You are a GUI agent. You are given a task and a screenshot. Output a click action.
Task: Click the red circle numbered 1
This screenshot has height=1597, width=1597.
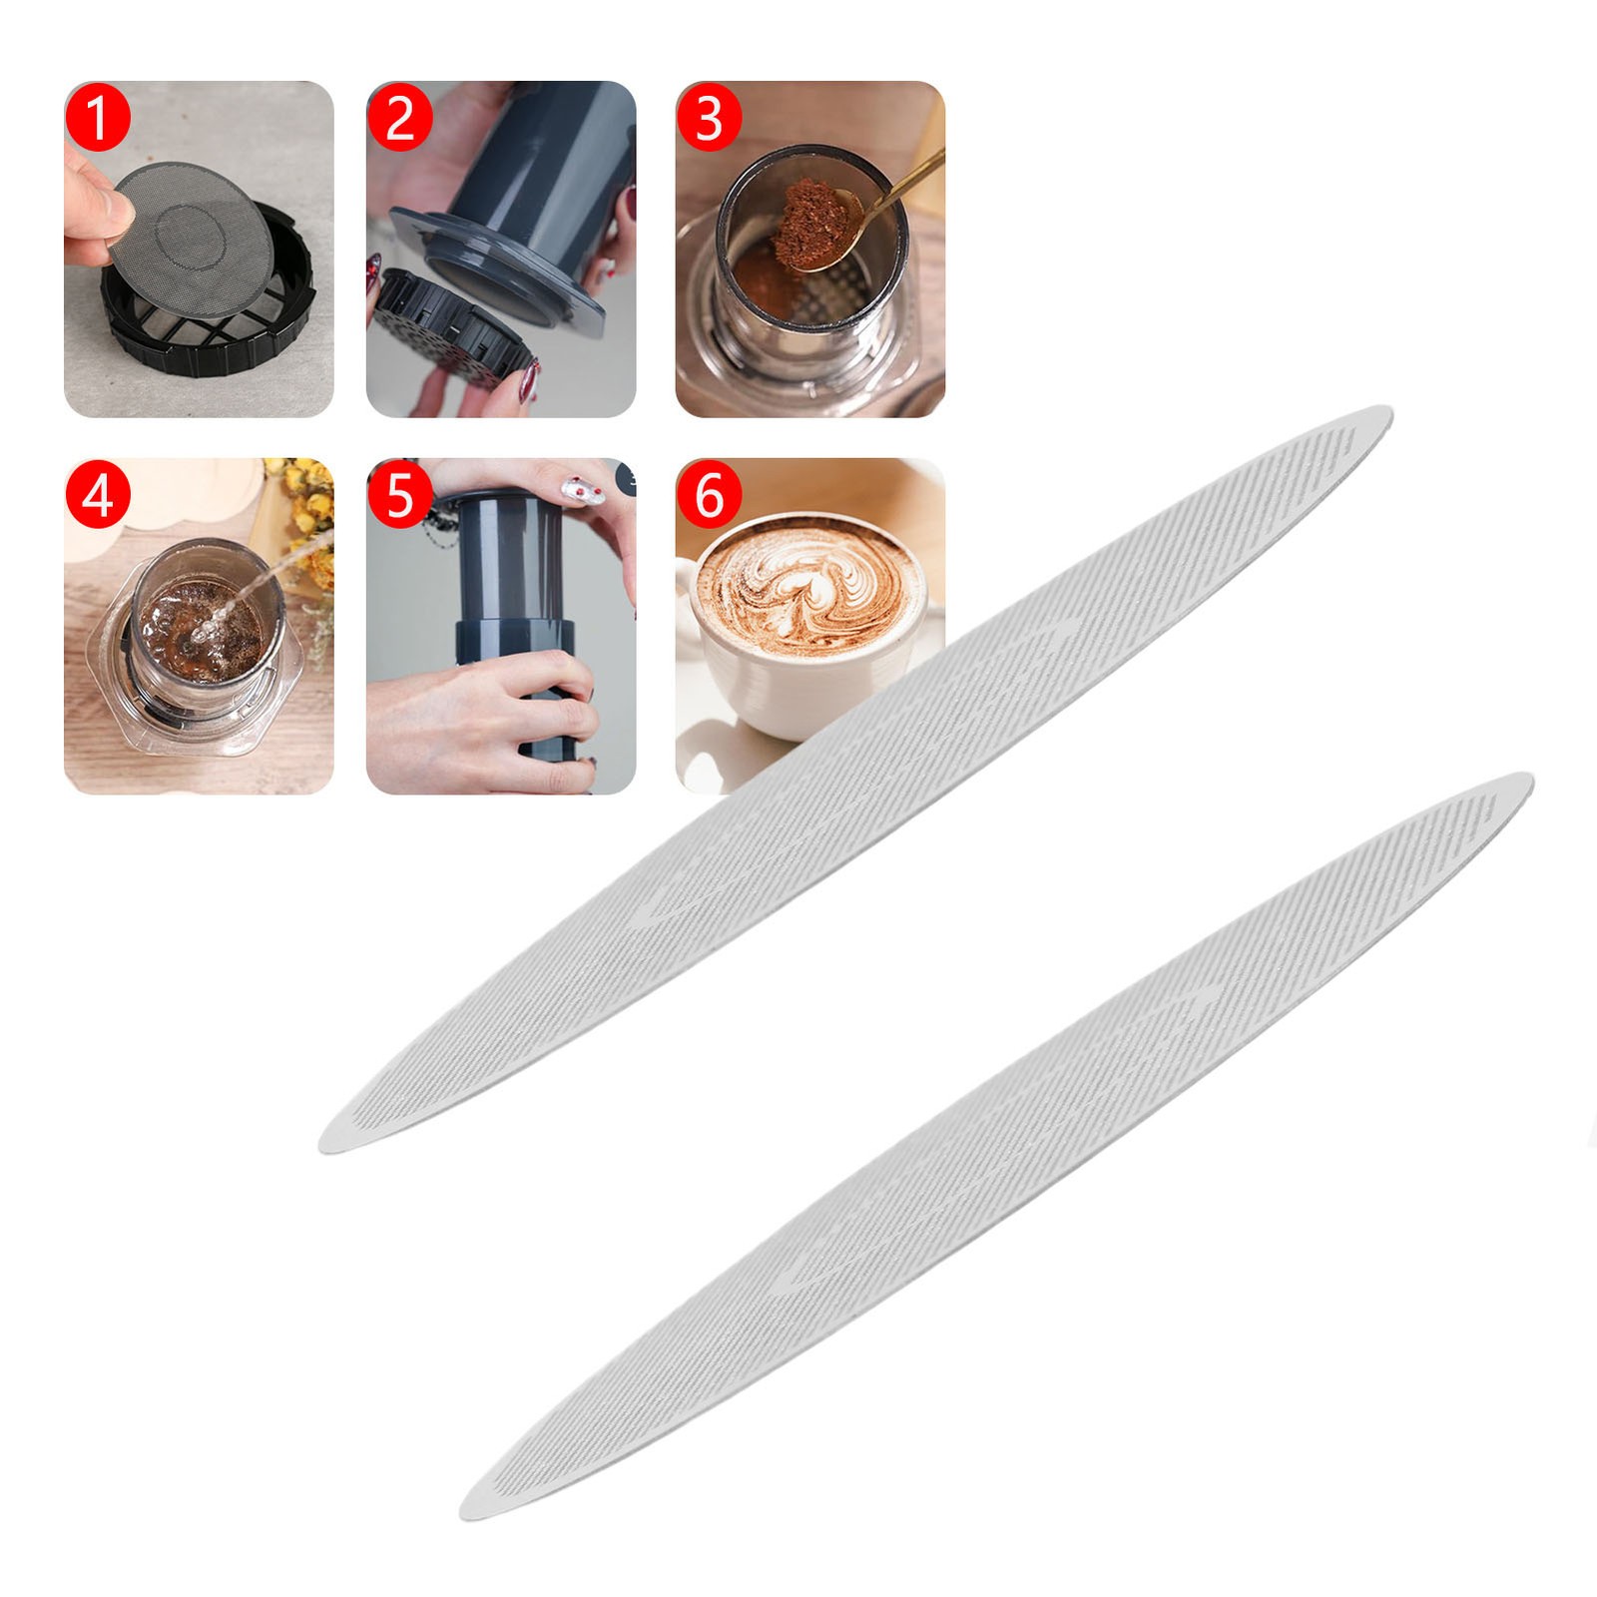(98, 118)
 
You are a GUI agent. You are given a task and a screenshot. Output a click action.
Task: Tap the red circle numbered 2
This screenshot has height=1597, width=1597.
(400, 118)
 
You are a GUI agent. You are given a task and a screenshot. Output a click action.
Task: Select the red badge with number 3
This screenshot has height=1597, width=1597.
(709, 118)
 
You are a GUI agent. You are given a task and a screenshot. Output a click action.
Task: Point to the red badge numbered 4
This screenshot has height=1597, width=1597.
(98, 495)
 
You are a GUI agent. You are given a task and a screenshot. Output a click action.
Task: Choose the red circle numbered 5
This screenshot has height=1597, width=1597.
(400, 495)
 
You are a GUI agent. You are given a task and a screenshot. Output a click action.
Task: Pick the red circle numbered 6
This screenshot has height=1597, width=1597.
(709, 495)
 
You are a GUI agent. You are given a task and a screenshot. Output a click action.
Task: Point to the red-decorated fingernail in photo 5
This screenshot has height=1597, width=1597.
(578, 488)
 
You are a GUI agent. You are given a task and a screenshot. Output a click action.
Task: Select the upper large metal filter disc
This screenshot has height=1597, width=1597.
(855, 780)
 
